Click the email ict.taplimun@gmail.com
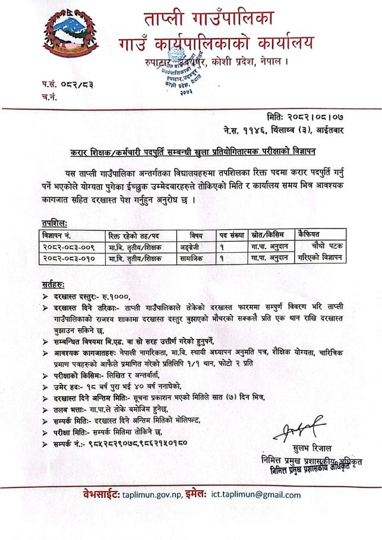pos(256,494)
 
